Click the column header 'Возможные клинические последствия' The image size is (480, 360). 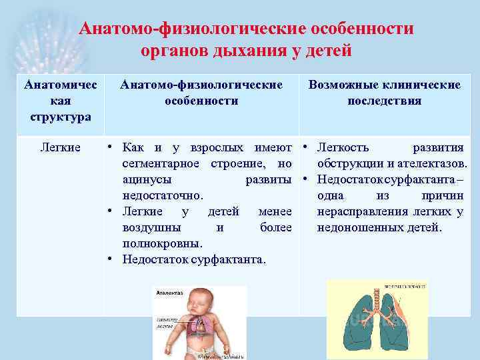(384, 93)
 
